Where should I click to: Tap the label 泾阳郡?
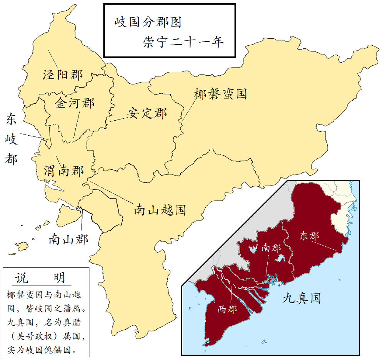tap(63, 74)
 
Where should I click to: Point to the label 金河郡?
tap(75, 103)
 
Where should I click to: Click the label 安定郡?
tap(147, 113)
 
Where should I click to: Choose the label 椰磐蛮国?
tap(220, 94)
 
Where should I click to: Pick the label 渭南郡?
tap(63, 171)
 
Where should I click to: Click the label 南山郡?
tap(68, 239)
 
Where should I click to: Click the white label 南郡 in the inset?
tap(271, 248)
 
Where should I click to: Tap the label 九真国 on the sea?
tap(301, 298)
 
